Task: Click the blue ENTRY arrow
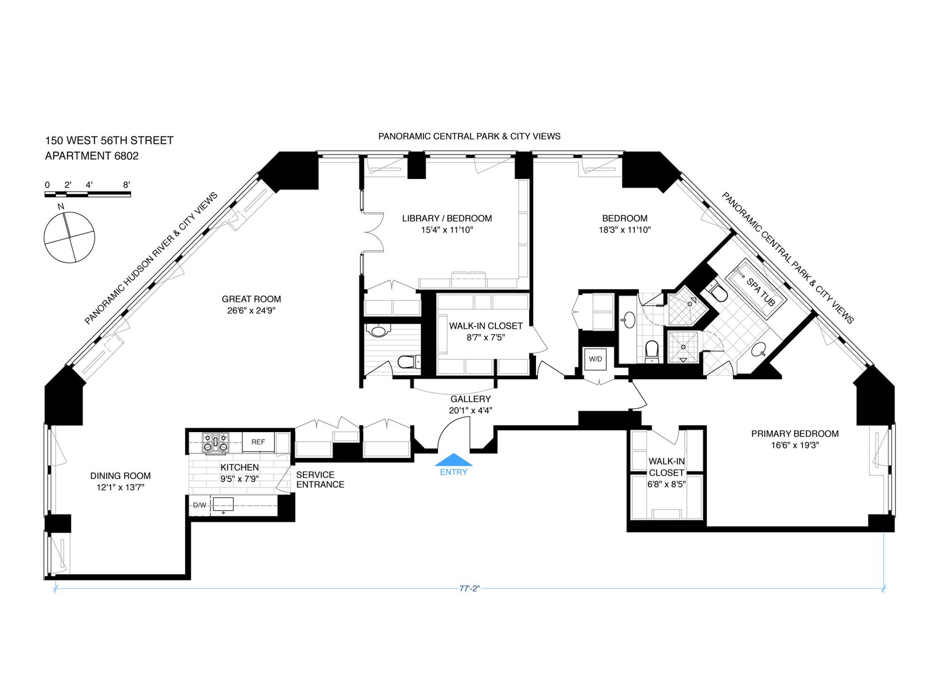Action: click(x=454, y=461)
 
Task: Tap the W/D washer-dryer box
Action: click(x=595, y=359)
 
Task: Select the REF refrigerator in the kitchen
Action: click(x=258, y=442)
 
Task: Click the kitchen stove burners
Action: click(x=216, y=442)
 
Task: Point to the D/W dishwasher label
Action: click(x=200, y=505)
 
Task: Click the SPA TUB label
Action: click(x=760, y=292)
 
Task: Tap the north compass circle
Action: click(x=69, y=238)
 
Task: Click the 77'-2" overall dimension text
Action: click(x=469, y=589)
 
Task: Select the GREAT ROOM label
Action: click(x=251, y=299)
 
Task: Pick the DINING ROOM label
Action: click(x=120, y=476)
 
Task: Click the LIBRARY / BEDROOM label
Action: click(x=447, y=219)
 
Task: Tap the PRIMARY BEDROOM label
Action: click(x=795, y=434)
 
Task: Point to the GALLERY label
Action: click(x=470, y=399)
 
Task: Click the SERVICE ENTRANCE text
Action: click(x=320, y=480)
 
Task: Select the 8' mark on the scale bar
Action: click(x=126, y=185)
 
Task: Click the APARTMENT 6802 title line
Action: click(x=92, y=156)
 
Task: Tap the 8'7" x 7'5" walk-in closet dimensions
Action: click(x=486, y=337)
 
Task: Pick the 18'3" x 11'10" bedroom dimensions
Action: click(x=625, y=230)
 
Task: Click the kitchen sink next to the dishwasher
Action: click(x=223, y=504)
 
